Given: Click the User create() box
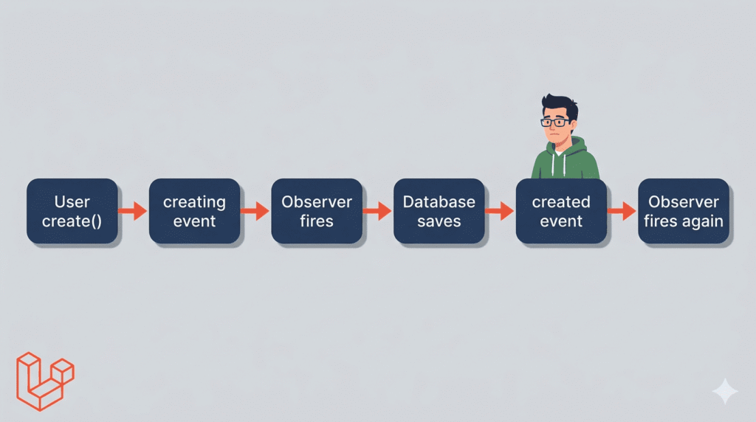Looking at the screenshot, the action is click(x=72, y=211).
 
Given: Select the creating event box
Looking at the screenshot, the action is click(x=194, y=211).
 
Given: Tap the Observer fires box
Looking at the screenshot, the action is click(x=317, y=211).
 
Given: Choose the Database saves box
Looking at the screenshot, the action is click(x=439, y=211).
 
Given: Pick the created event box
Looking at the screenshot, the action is click(x=561, y=211).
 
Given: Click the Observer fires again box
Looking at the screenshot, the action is click(x=684, y=211).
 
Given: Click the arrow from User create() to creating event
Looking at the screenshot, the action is click(x=133, y=211).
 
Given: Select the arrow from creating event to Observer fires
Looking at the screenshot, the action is click(x=255, y=211).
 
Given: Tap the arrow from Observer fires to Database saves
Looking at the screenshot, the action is click(x=377, y=211).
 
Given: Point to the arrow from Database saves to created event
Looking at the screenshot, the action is click(x=500, y=211).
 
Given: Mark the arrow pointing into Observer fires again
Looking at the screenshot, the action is click(x=622, y=211).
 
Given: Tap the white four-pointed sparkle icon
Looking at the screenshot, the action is click(x=725, y=391).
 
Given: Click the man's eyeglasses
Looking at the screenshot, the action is click(x=555, y=122).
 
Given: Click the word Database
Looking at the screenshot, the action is click(x=439, y=202).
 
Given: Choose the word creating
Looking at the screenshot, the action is click(x=194, y=202).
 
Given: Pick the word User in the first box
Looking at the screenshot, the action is click(x=72, y=202).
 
